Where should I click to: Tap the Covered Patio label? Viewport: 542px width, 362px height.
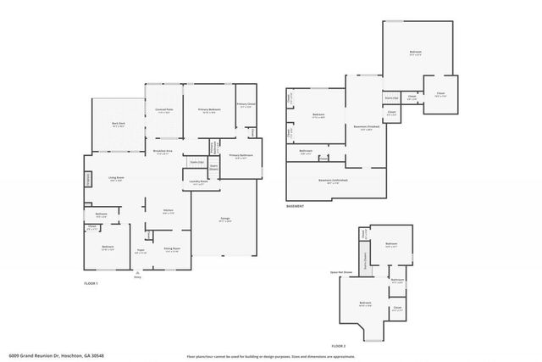(164, 110)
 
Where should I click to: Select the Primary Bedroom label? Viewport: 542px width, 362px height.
(209, 110)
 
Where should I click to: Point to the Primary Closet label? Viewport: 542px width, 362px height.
(246, 107)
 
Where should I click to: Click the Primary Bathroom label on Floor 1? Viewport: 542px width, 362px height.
(241, 157)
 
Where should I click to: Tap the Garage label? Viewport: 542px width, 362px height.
(225, 219)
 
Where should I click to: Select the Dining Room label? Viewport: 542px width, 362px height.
(172, 249)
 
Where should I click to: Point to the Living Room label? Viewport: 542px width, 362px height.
(117, 178)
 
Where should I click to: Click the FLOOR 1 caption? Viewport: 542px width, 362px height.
(91, 282)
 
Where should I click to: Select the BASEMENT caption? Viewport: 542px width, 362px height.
(296, 206)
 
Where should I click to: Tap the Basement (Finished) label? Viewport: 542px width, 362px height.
(365, 129)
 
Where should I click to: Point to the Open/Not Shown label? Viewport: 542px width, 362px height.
(340, 274)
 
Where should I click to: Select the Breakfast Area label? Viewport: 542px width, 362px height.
(163, 152)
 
